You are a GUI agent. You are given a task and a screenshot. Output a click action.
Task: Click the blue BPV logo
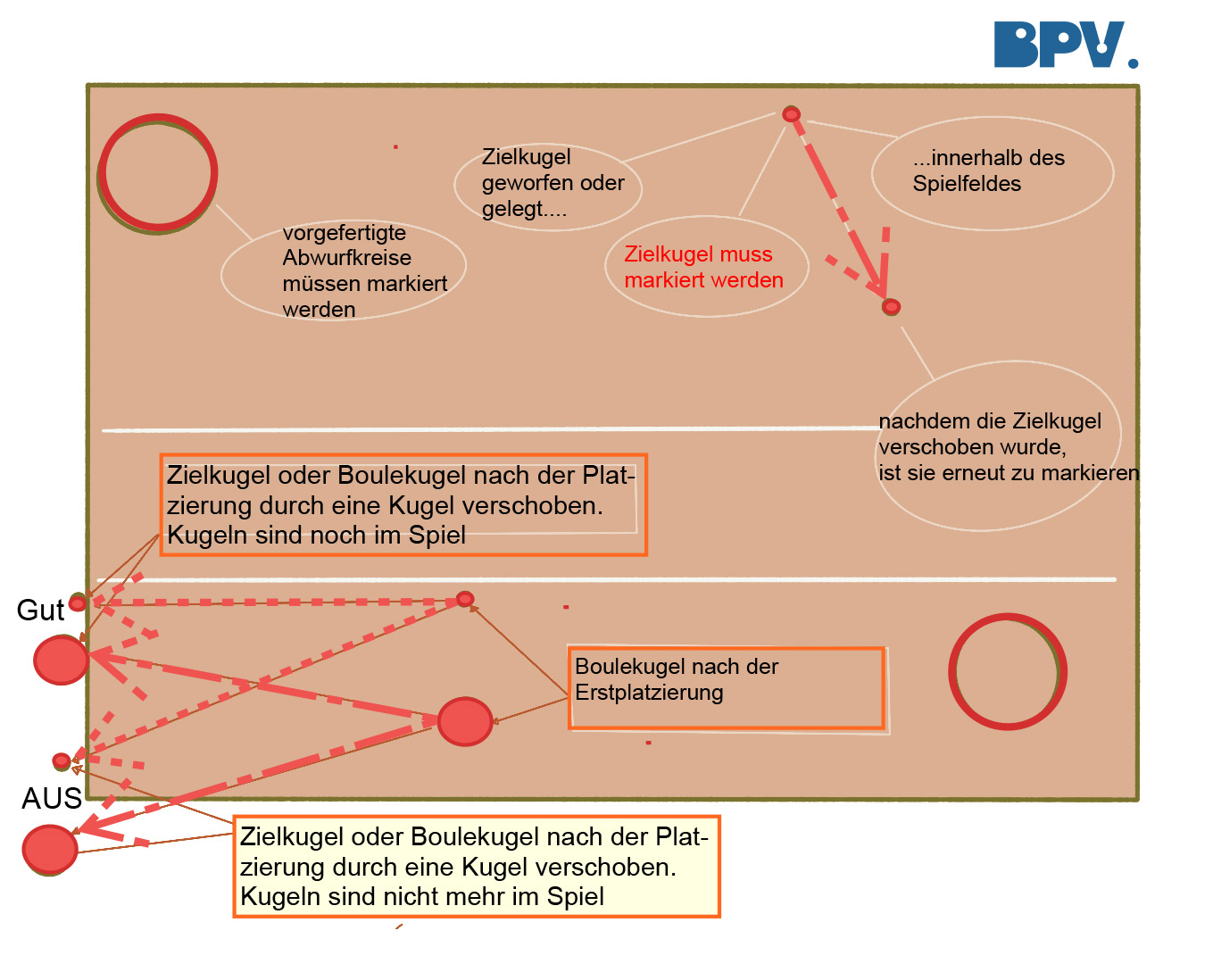tap(1065, 45)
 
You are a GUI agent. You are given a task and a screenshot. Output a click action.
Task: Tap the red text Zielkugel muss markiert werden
tap(703, 267)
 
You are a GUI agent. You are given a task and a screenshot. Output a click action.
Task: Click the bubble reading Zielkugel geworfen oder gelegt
tap(548, 187)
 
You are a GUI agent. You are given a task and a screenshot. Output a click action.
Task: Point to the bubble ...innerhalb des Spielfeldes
tap(993, 173)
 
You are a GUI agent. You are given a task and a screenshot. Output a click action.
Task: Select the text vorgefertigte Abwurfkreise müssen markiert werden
tap(364, 270)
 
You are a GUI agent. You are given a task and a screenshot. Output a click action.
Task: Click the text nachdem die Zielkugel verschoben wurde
tap(989, 434)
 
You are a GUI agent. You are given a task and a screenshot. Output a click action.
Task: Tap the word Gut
tap(40, 610)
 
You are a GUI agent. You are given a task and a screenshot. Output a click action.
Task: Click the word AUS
tap(52, 798)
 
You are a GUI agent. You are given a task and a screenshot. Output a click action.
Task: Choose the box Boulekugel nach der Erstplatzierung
tap(727, 688)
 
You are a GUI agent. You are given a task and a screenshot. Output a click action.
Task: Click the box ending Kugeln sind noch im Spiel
tap(403, 504)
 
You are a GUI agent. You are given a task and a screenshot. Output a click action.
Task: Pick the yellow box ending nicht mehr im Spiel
tap(476, 866)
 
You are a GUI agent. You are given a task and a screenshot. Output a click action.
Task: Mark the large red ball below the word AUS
tap(50, 850)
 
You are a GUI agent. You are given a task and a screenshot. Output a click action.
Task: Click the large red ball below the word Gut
tap(61, 660)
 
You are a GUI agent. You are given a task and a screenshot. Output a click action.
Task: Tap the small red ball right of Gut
tap(78, 602)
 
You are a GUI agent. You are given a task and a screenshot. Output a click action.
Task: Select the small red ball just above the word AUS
tap(62, 761)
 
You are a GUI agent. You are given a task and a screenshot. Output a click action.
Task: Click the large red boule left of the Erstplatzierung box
tap(465, 721)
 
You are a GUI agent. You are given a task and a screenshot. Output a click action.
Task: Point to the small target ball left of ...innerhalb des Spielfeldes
tap(791, 114)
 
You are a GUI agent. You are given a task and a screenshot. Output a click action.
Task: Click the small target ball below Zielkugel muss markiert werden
tap(891, 307)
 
